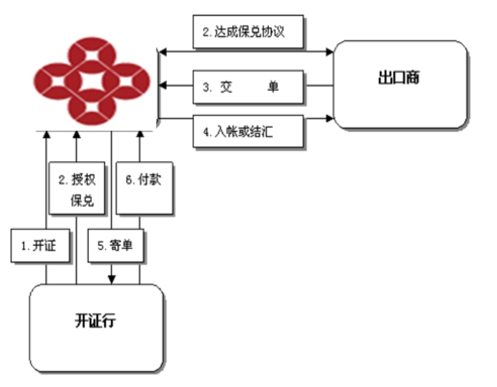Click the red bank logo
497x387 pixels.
pyautogui.click(x=92, y=81)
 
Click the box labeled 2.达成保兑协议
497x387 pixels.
pyautogui.click(x=248, y=32)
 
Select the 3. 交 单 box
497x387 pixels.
pyautogui.click(x=248, y=87)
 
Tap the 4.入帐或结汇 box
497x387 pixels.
pyautogui.click(x=248, y=131)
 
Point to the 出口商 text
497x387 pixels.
pyautogui.click(x=399, y=78)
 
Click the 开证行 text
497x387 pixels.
pyautogui.click(x=95, y=320)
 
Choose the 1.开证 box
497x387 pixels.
pyautogui.click(x=40, y=246)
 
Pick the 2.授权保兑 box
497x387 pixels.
pyautogui.click(x=77, y=188)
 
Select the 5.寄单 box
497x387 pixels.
pyautogui.click(x=116, y=246)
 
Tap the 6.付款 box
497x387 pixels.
pyautogui.click(x=144, y=188)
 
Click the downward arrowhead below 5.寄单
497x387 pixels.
pyautogui.click(x=111, y=280)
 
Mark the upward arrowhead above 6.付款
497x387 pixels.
pyautogui.click(x=140, y=134)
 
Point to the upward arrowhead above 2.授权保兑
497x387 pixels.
pyautogui.click(x=76, y=134)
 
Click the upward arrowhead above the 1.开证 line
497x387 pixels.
pyautogui.click(x=46, y=134)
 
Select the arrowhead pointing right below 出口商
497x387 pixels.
pyautogui.click(x=330, y=118)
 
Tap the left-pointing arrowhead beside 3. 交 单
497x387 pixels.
pyautogui.click(x=162, y=85)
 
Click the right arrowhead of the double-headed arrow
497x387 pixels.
pyautogui.click(x=330, y=52)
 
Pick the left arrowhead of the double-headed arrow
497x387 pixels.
pyautogui.click(x=162, y=52)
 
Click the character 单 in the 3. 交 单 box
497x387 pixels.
pyautogui.click(x=273, y=87)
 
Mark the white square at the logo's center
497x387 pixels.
pyautogui.click(x=92, y=81)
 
